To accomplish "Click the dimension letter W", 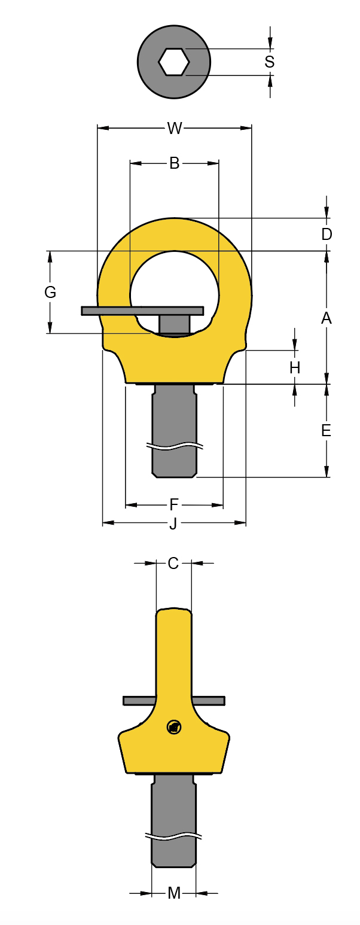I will pos(174,128).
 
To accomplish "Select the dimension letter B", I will pos(174,163).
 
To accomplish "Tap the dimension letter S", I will pos(270,62).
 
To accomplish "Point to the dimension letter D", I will pos(327,235).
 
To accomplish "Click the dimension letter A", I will pos(327,318).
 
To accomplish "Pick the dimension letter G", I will pos(50,292).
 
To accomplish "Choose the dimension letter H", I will pos(295,368).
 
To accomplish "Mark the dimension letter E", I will pos(327,430).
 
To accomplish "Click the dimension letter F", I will pos(174,505).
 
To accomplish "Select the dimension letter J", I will pos(173,524).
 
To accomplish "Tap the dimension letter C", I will pos(173,563).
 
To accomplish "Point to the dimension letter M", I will pos(174,893).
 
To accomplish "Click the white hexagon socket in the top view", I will pos(174,62).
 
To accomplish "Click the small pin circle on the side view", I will pos(174,728).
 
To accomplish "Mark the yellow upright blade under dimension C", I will pos(174,652).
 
